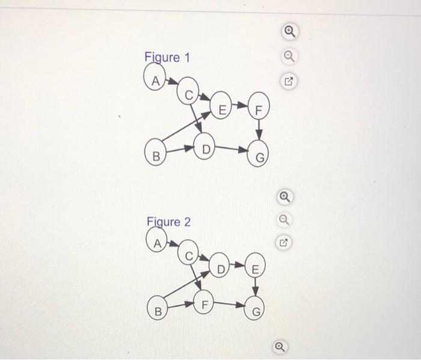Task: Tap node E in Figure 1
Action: [x=222, y=110]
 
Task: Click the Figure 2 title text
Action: [x=169, y=222]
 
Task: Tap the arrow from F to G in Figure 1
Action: [x=259, y=129]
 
